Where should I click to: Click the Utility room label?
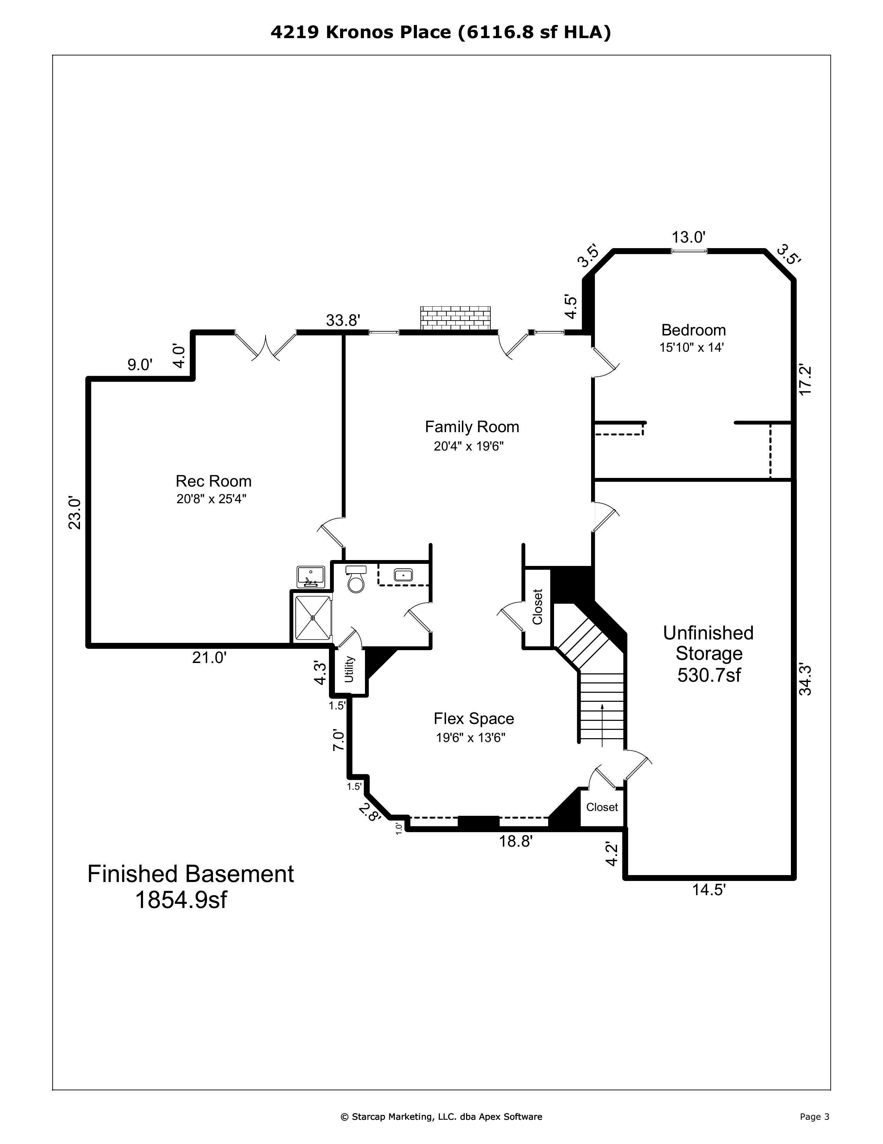pos(349,669)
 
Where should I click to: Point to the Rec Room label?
pos(214,481)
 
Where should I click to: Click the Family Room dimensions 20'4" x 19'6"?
pos(469,446)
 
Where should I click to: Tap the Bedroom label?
pos(694,330)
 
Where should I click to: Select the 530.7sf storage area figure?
pos(709,675)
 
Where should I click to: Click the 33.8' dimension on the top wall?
pos(343,320)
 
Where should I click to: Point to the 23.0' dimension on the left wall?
pos(75,513)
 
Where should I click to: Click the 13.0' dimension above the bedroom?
pos(689,237)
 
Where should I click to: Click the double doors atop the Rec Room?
pos(266,345)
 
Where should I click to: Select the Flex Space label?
pos(474,718)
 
